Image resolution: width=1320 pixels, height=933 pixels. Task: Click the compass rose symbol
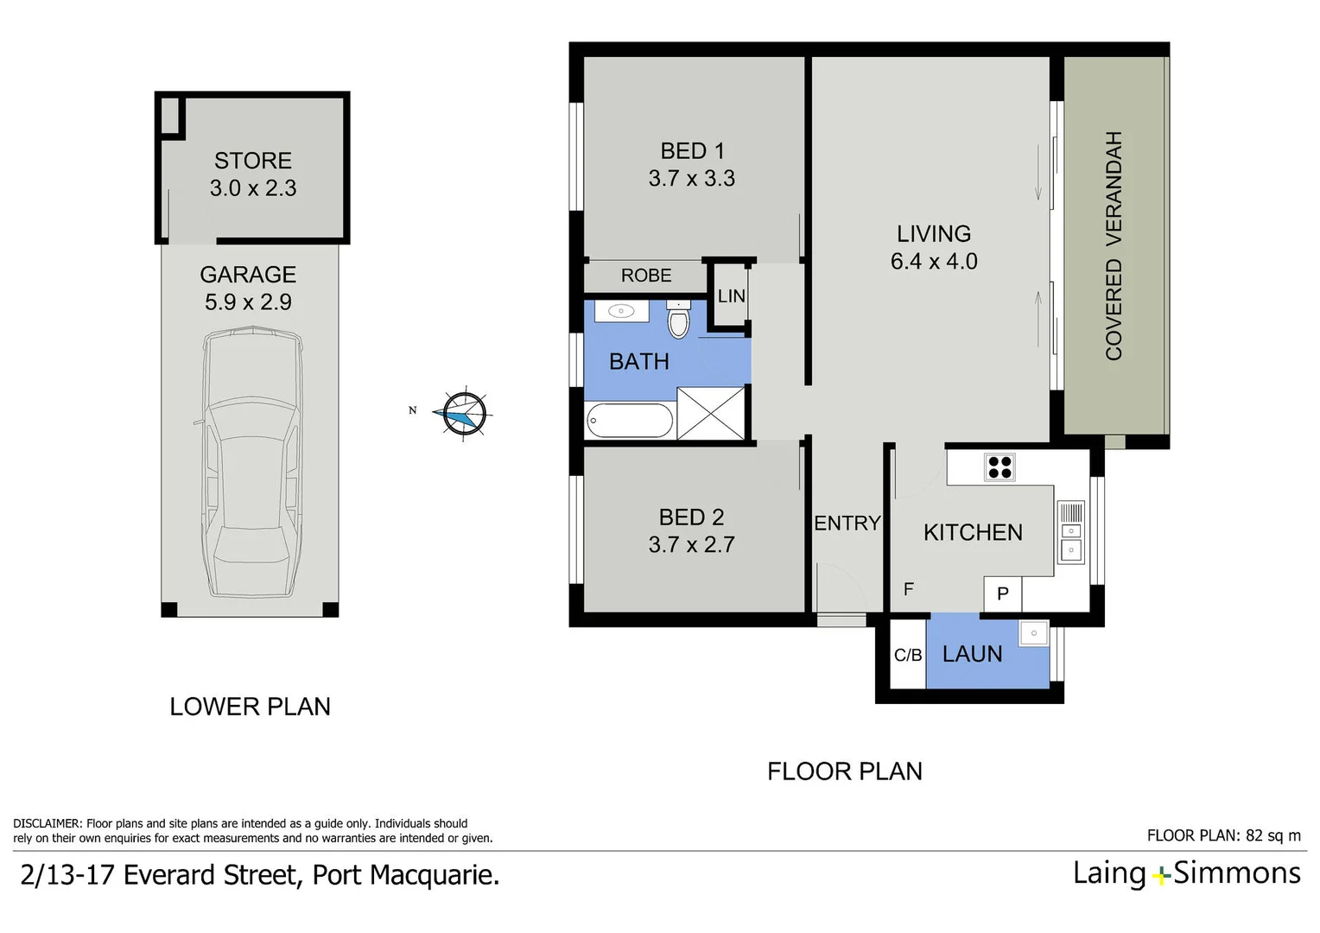[x=464, y=413]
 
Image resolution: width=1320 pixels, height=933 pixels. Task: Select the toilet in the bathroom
[x=679, y=321]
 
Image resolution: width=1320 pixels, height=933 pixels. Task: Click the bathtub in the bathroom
[x=630, y=422]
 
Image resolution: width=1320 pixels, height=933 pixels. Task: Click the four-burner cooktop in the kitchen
[x=1000, y=467]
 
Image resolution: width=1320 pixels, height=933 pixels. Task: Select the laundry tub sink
[x=1033, y=633]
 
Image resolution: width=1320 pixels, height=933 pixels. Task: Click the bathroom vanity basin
[x=619, y=311]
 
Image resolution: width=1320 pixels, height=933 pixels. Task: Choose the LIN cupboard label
[x=731, y=296]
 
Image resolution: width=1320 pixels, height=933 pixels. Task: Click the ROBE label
[x=646, y=276]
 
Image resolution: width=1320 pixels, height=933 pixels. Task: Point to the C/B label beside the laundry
[x=908, y=656]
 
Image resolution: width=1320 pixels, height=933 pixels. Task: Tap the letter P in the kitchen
[x=1003, y=593]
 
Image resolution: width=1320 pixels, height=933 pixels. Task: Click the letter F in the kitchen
[x=908, y=589]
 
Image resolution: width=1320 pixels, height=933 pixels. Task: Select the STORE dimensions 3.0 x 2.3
[x=253, y=188]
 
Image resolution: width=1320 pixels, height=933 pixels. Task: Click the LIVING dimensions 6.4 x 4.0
[x=934, y=262]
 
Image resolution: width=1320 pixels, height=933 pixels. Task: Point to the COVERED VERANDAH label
[x=1114, y=245]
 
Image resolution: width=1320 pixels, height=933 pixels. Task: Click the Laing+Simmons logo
[x=1186, y=873]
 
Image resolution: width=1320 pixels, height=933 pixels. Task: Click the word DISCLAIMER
[x=48, y=823]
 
